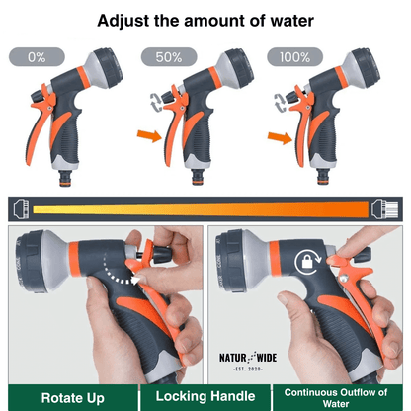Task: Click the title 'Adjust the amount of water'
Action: [205, 19]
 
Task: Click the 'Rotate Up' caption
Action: [66, 397]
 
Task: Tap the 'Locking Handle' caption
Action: [205, 397]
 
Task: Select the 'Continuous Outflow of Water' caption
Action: [343, 396]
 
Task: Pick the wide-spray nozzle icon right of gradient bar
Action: [386, 208]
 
